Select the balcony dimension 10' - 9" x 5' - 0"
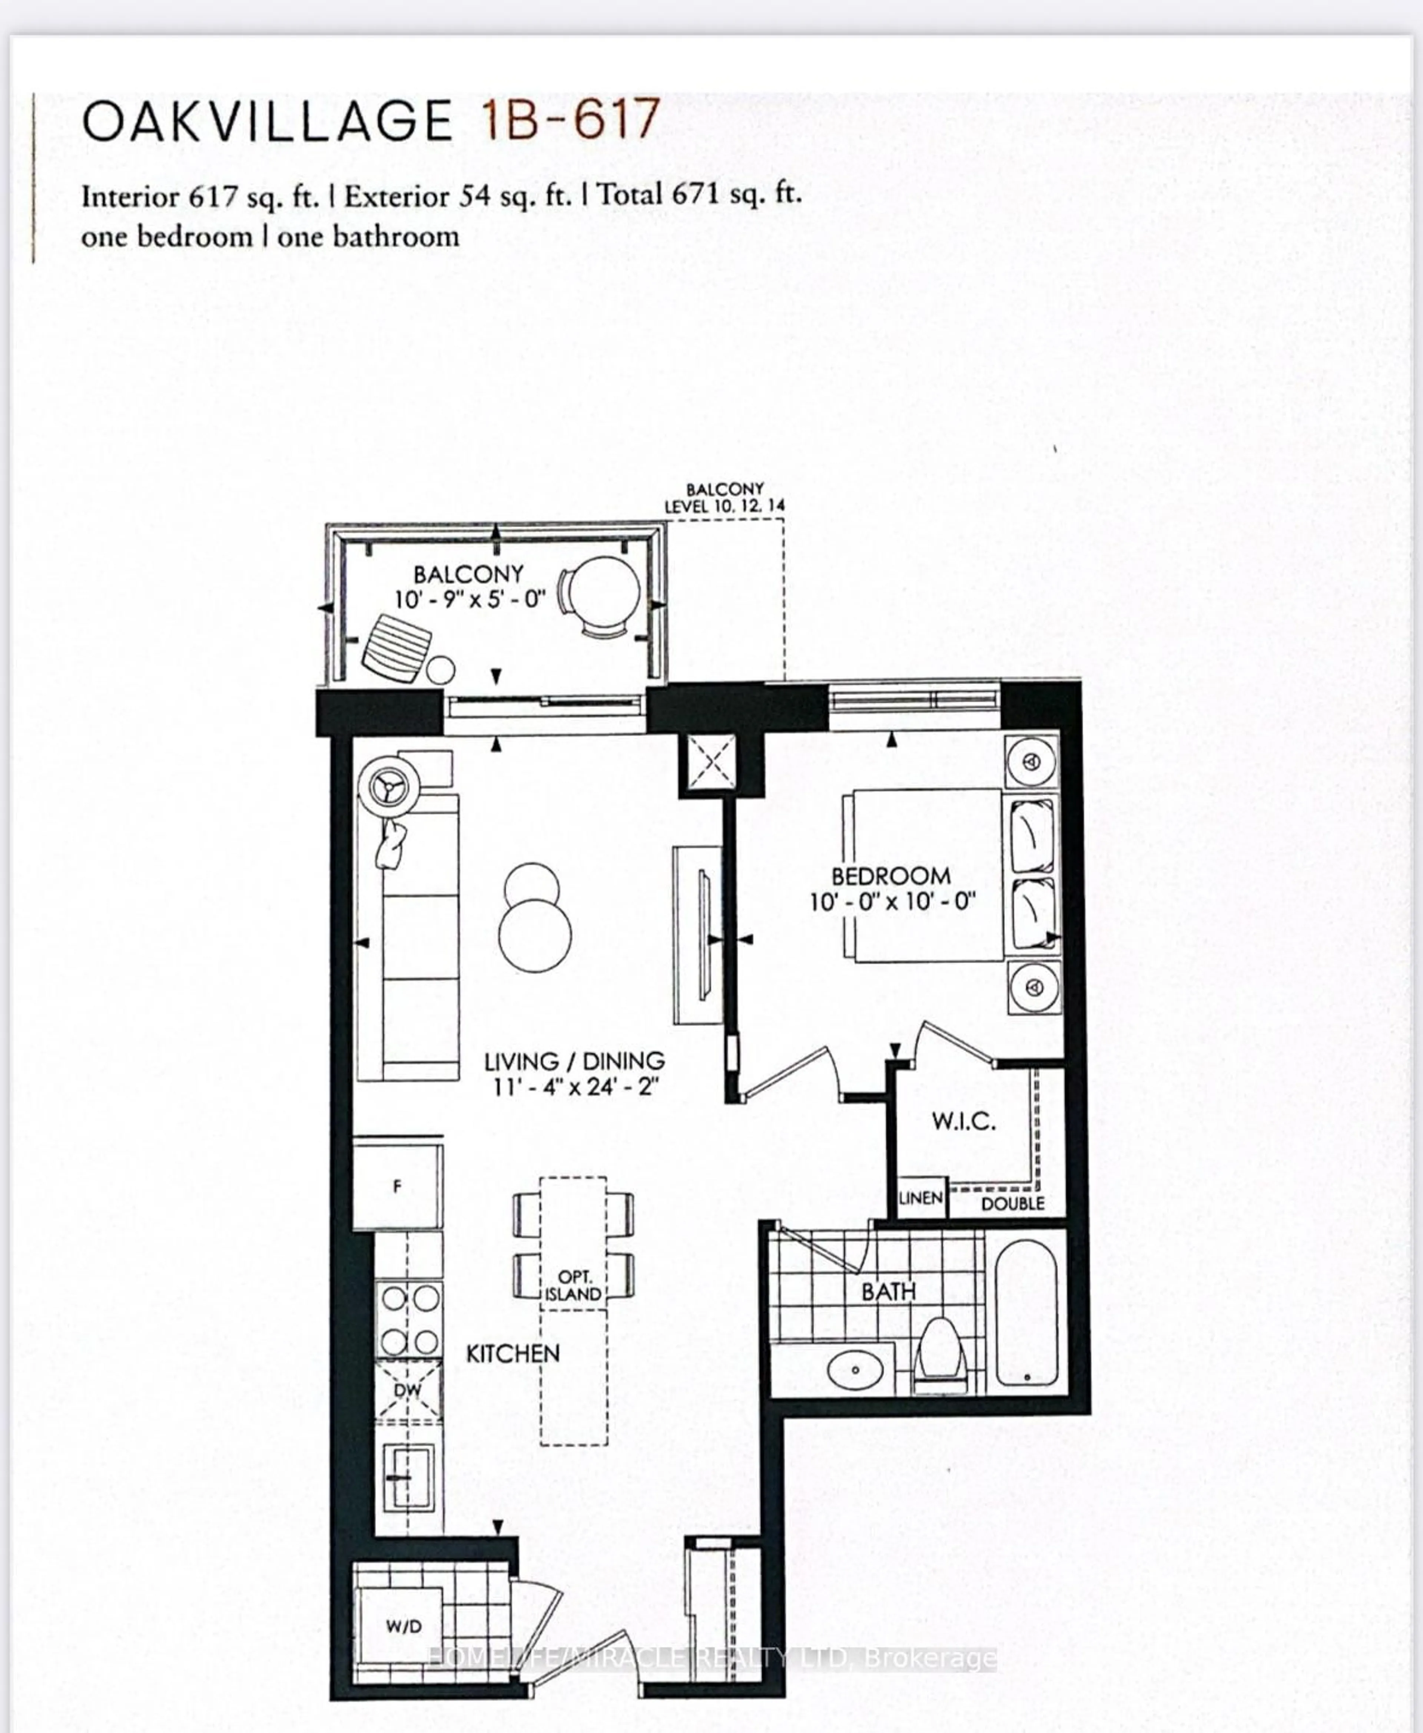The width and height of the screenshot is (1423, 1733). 469,600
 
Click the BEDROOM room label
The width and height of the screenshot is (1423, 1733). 891,876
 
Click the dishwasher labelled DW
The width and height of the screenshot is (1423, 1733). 407,1389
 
